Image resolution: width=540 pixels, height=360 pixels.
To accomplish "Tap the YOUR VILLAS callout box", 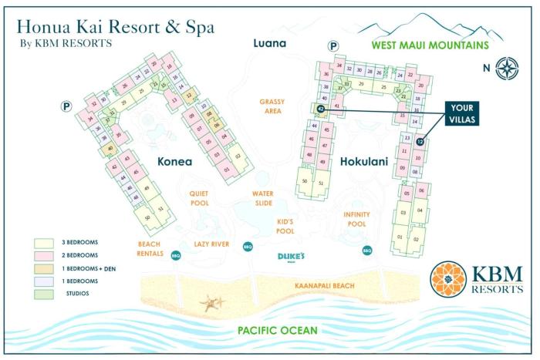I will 463,113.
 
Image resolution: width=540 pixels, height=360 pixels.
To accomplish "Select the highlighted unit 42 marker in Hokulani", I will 321,109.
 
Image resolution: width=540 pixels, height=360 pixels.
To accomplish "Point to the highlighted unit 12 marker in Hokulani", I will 420,141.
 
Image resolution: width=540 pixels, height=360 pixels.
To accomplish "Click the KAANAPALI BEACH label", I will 324,286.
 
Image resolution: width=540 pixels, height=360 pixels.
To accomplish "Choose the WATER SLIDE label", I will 263,199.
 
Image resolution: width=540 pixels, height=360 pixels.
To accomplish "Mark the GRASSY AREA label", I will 272,106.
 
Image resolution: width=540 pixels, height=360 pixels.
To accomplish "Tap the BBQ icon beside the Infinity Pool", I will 367,250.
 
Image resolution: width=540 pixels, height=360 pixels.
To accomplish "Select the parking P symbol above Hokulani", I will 333,46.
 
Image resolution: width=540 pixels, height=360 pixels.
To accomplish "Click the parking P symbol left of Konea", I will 66,107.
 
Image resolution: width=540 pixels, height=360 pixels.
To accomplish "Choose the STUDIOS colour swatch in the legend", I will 43,293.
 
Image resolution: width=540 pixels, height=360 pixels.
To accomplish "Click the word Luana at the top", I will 269,43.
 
